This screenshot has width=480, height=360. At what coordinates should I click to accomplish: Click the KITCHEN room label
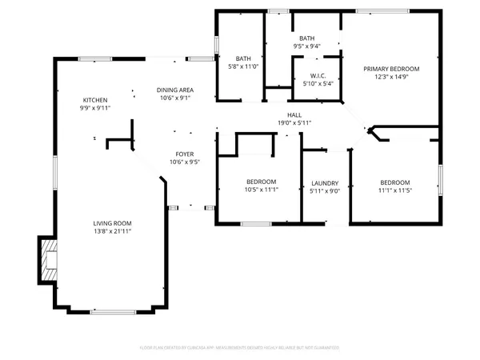tap(94, 100)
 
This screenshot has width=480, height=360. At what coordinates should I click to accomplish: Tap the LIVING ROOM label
tap(111, 223)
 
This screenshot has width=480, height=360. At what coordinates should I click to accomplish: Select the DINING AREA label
tap(174, 90)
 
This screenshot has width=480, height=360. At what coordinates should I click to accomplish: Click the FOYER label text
tap(184, 154)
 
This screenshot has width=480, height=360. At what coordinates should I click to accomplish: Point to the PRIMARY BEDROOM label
tap(391, 69)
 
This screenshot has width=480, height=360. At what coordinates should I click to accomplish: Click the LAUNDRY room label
tap(325, 182)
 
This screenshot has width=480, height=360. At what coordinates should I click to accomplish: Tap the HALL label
tap(294, 115)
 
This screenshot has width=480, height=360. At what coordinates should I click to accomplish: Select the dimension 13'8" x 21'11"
tap(111, 231)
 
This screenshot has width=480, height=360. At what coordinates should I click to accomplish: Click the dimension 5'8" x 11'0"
tap(243, 66)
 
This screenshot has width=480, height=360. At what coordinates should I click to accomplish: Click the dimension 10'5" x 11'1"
tap(261, 190)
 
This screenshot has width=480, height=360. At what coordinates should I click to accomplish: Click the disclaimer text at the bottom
tap(240, 348)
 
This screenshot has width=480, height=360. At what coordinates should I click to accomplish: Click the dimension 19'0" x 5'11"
tap(294, 123)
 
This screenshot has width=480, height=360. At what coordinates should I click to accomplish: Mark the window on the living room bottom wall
tap(112, 312)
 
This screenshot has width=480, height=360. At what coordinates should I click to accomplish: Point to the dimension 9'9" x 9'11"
tap(94, 108)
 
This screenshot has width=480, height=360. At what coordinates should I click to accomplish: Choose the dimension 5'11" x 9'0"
tap(325, 190)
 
